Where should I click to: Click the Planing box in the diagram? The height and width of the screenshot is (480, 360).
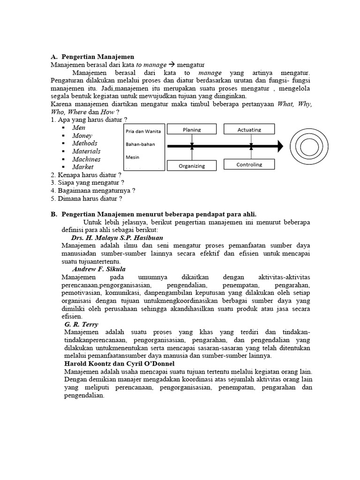(x=192, y=129)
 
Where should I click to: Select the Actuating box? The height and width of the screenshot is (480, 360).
(x=249, y=129)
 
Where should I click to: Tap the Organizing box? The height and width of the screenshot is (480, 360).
(x=192, y=165)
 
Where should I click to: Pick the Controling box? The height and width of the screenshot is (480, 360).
(x=249, y=165)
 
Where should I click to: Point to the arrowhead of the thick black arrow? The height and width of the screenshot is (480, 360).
(x=280, y=146)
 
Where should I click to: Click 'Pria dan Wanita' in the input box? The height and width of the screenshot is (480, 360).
(x=143, y=131)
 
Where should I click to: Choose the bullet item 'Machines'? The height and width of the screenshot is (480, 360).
(x=86, y=159)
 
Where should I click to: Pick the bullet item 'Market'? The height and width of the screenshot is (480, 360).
(x=83, y=167)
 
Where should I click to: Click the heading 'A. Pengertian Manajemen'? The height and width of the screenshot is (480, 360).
(x=92, y=57)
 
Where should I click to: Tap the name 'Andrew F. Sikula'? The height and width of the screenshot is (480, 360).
(x=99, y=269)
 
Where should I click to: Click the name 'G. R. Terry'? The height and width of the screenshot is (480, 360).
(x=82, y=324)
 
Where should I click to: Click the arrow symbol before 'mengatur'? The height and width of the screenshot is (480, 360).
(x=172, y=65)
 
